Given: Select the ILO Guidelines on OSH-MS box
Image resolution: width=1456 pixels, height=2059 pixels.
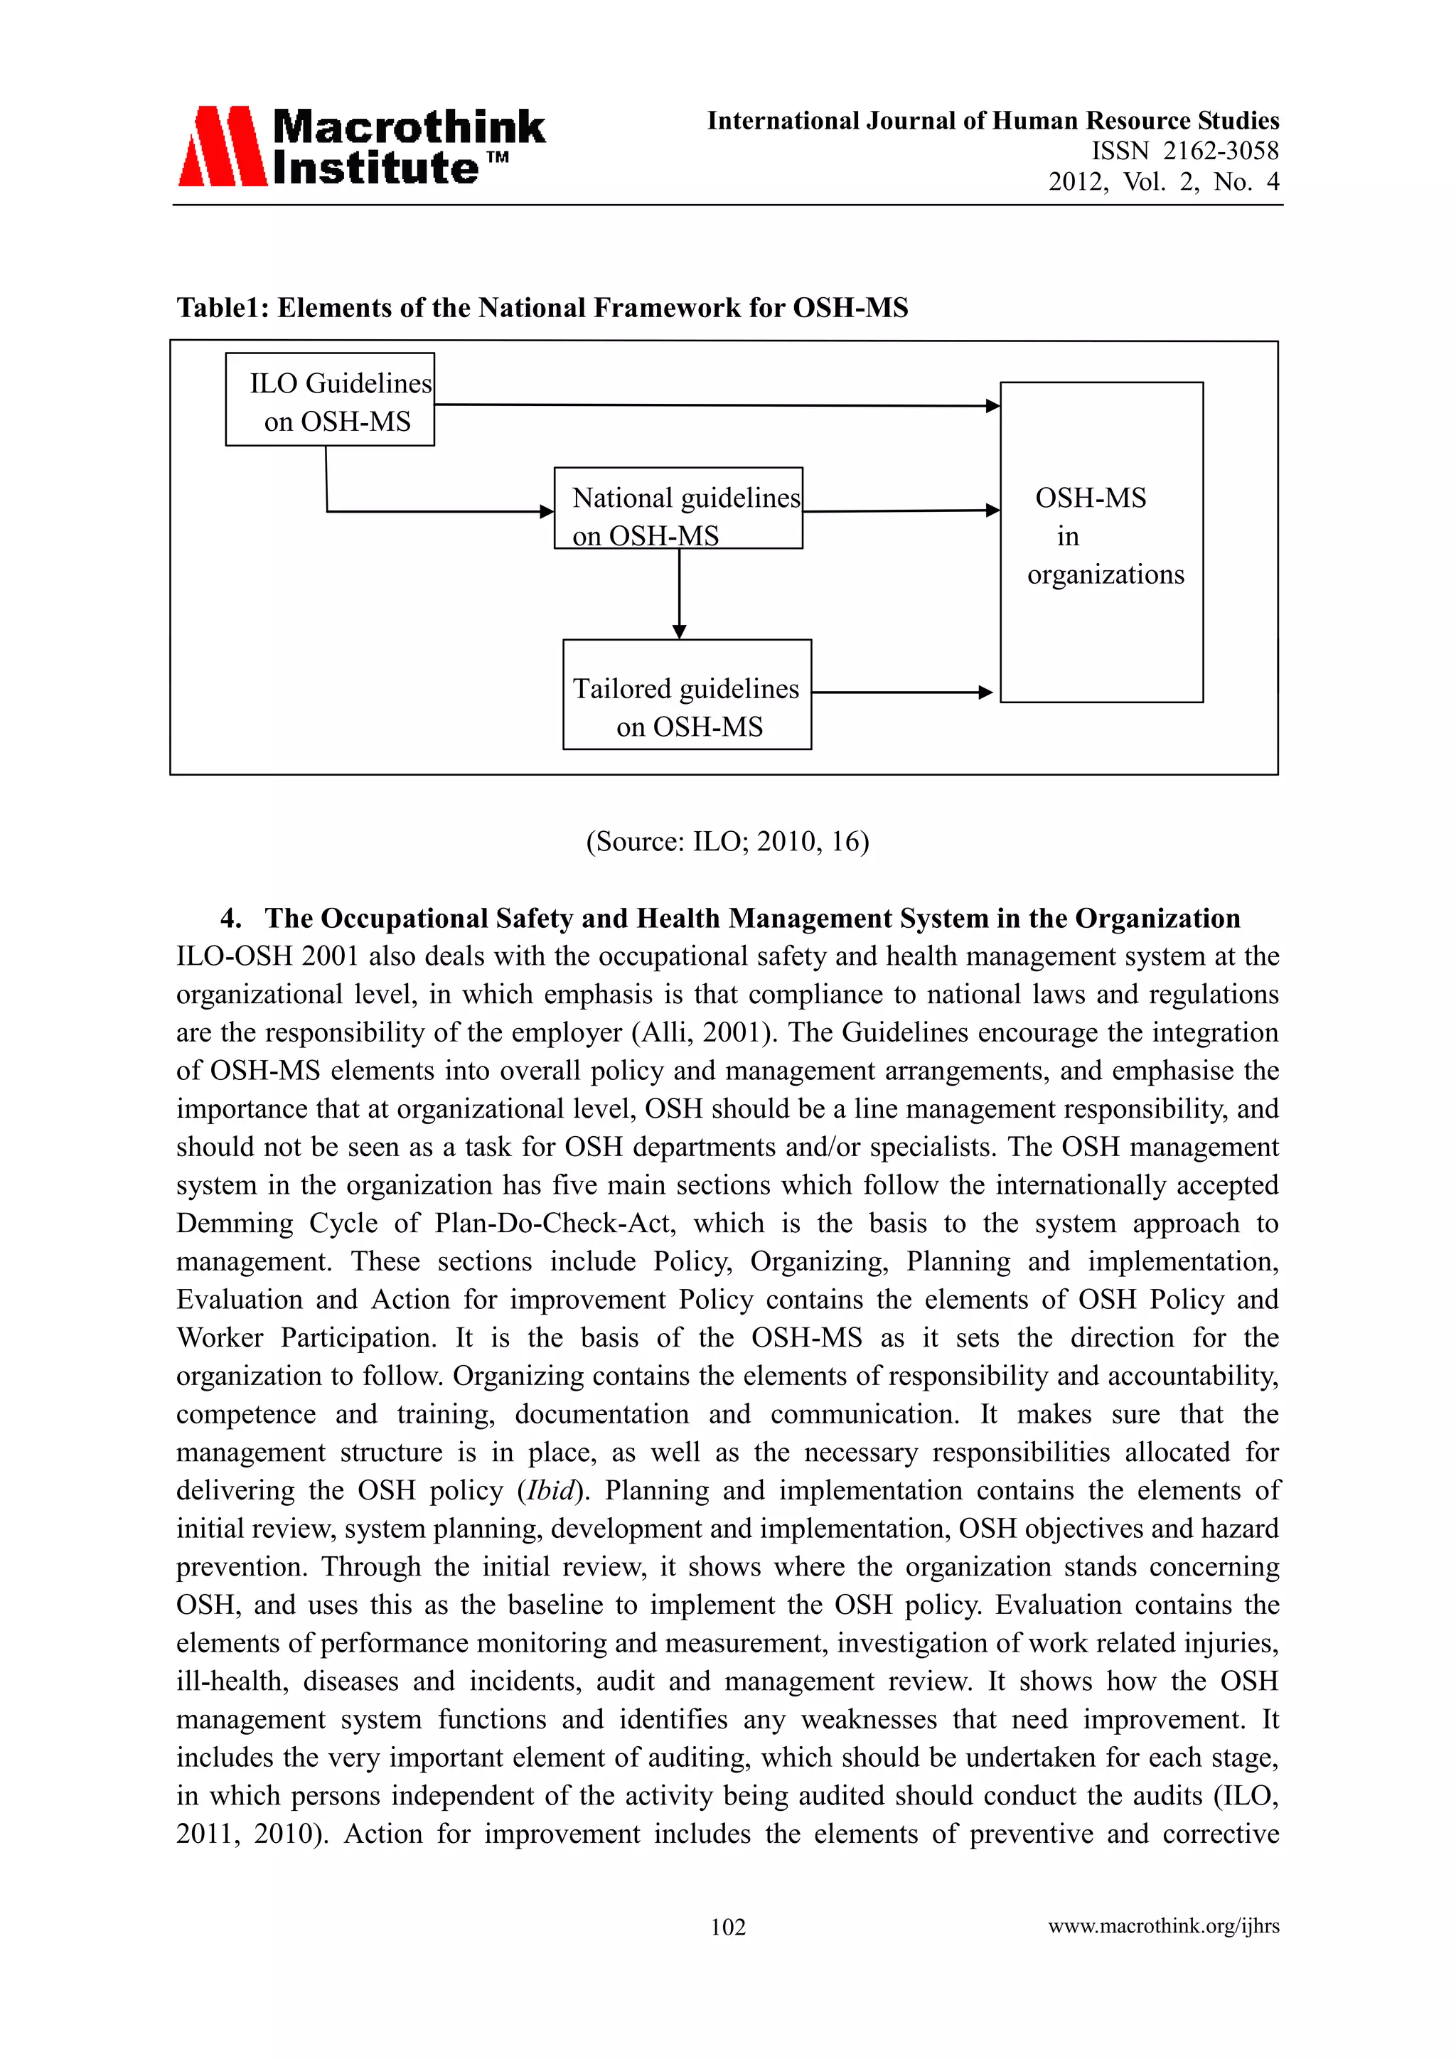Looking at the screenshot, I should click(x=329, y=400).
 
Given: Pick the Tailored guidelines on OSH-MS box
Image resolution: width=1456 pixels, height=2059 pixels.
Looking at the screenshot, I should click(x=687, y=695).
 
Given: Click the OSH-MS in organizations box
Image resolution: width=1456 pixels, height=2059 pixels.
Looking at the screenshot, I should click(x=1101, y=542).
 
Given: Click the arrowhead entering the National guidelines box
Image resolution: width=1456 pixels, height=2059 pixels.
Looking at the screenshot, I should click(x=547, y=511).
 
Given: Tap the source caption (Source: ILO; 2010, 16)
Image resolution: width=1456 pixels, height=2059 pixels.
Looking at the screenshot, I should click(x=727, y=841).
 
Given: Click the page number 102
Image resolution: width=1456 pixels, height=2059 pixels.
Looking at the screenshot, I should click(x=727, y=1926).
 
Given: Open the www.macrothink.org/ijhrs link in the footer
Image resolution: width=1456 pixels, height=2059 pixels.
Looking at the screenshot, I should click(x=1163, y=1925).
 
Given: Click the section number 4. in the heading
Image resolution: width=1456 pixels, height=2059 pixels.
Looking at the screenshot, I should click(x=230, y=919).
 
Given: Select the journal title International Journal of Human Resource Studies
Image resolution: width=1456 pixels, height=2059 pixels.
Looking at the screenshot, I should click(x=992, y=120).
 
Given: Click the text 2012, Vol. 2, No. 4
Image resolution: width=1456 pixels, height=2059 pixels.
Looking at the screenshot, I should click(x=1163, y=182).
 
